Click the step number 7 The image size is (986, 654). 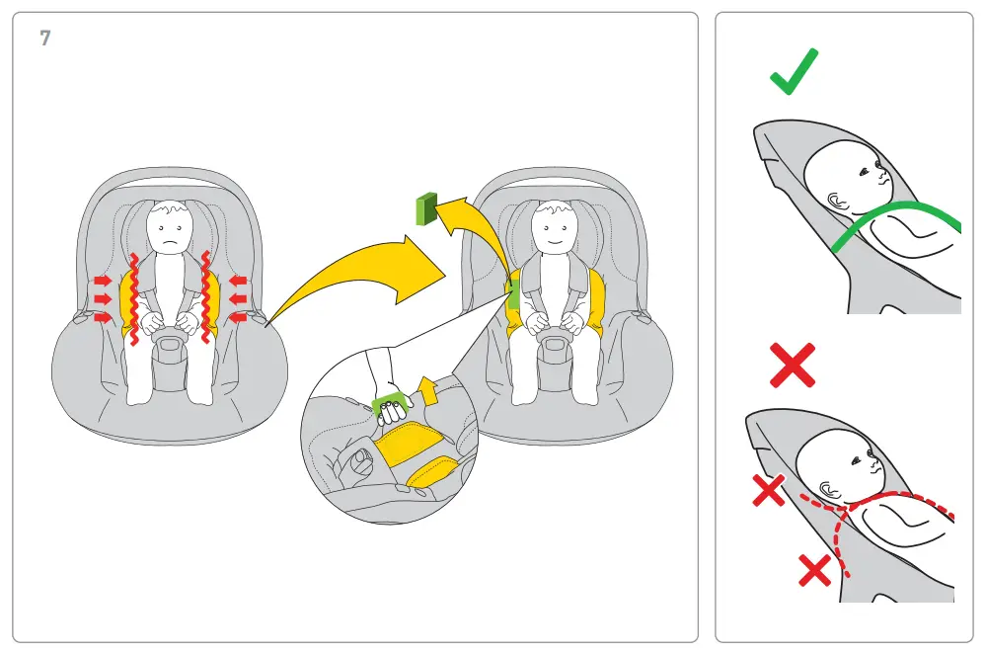point(45,40)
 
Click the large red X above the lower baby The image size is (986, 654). point(792,365)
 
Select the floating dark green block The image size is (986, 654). point(425,208)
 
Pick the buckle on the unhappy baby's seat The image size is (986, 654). point(170,343)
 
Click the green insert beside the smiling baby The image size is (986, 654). point(514,292)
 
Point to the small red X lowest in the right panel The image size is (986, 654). point(814,569)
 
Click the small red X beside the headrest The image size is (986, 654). point(769,489)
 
